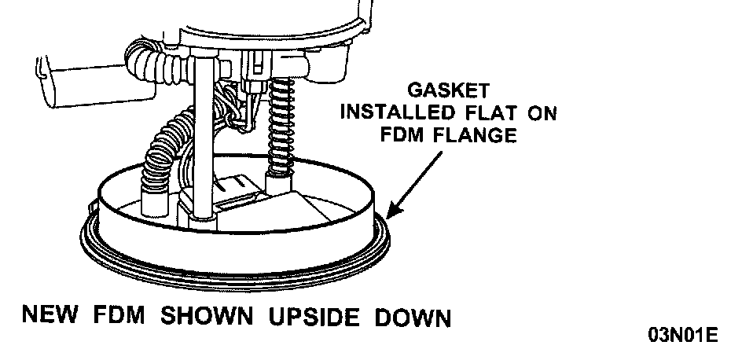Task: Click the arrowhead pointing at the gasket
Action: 394,212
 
